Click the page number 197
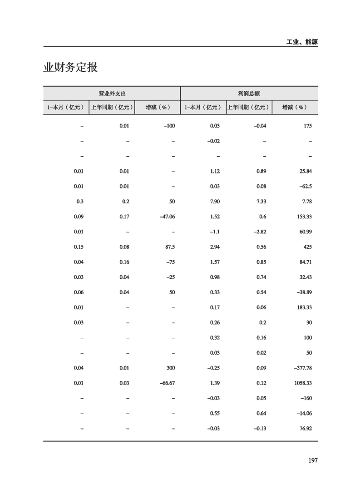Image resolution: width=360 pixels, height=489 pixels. (x=312, y=460)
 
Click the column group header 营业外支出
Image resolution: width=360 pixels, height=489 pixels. (x=112, y=93)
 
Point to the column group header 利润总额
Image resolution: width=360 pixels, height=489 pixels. (x=249, y=93)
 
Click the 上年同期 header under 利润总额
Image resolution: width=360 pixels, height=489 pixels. (x=248, y=108)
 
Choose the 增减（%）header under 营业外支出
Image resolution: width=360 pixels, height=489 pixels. (x=158, y=108)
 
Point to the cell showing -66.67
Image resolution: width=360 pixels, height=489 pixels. (x=167, y=383)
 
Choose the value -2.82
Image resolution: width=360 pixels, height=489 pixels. (x=259, y=232)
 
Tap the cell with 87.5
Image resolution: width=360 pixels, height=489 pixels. (x=169, y=247)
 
